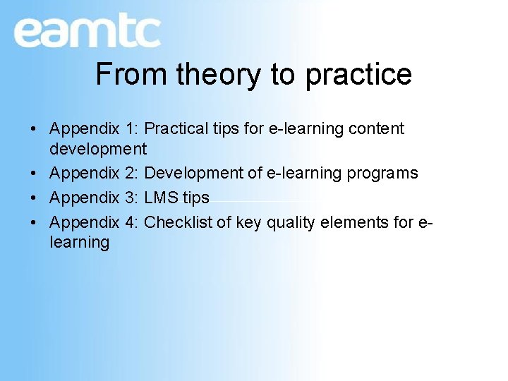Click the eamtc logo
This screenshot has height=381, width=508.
click(x=87, y=32)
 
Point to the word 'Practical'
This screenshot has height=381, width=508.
click(x=179, y=128)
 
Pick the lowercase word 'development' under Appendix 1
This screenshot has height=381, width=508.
click(x=98, y=149)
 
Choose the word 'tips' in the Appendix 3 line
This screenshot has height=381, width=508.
click(x=195, y=198)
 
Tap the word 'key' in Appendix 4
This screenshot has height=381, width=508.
click(x=248, y=222)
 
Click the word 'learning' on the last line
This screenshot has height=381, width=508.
click(x=79, y=243)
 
